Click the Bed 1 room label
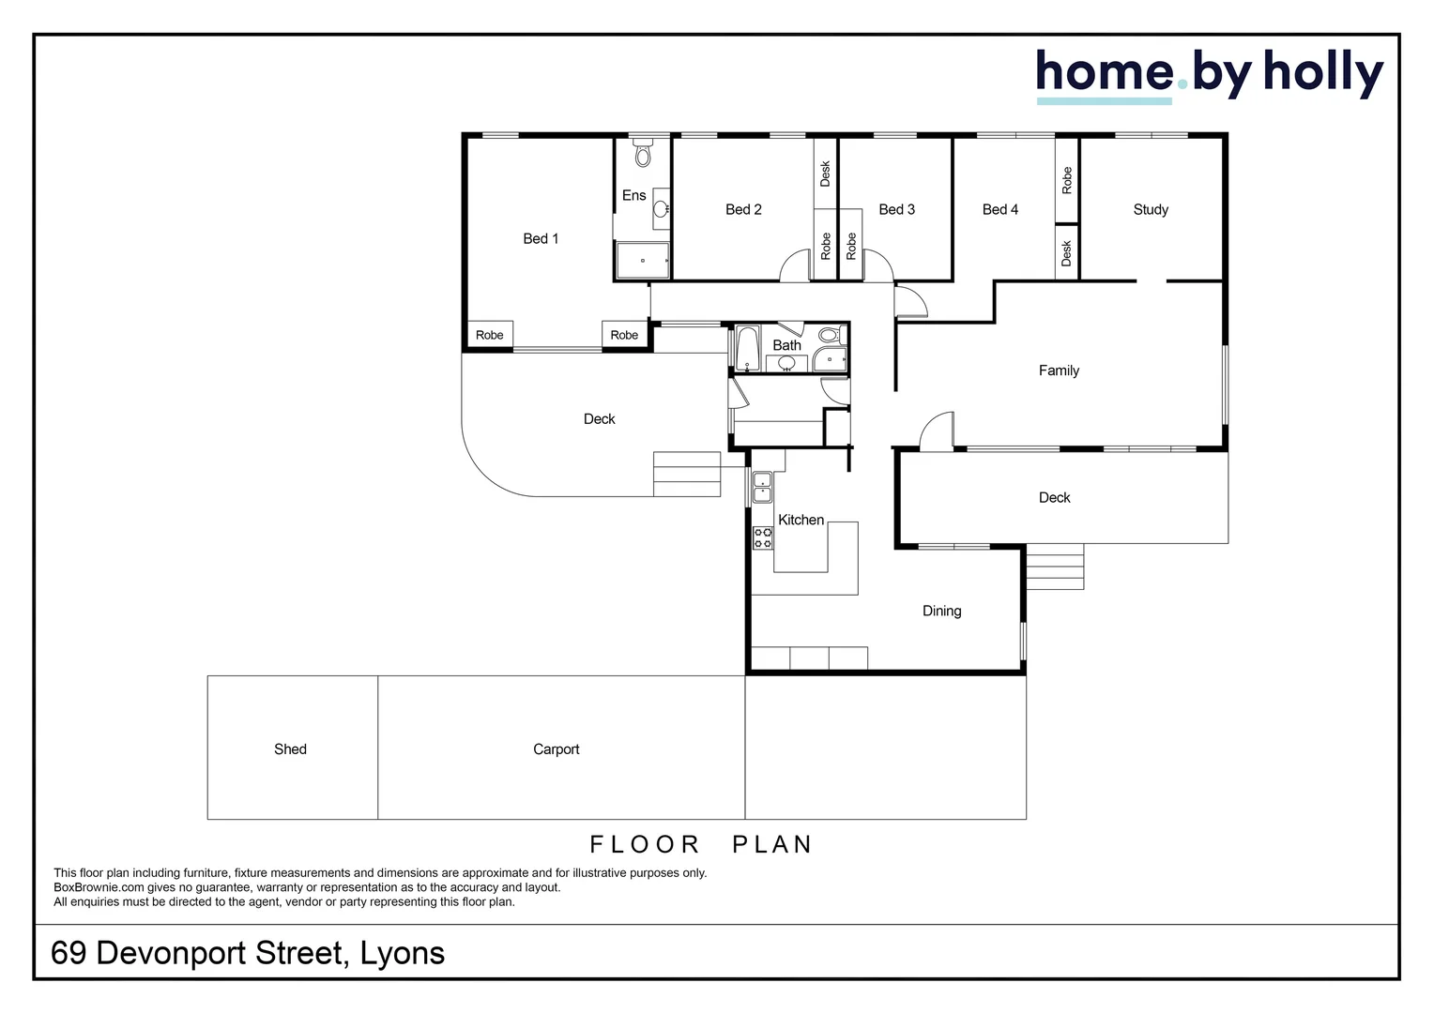coord(541,239)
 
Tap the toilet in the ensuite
coord(643,154)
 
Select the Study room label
coord(1151,210)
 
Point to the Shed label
coord(290,749)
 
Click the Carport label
coord(556,749)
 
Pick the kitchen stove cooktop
coord(763,537)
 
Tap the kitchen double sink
coord(762,487)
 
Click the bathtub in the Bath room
coord(747,348)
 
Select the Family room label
coord(1059,370)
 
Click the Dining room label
coord(941,612)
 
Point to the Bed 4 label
coord(1000,210)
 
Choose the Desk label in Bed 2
coord(826,174)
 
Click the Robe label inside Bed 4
coord(1067,180)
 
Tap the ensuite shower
coord(643,260)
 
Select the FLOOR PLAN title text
coord(701,845)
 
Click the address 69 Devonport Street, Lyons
coord(248,953)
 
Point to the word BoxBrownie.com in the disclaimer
coord(99,887)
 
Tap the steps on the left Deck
coord(687,474)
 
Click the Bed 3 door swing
coord(877,265)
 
